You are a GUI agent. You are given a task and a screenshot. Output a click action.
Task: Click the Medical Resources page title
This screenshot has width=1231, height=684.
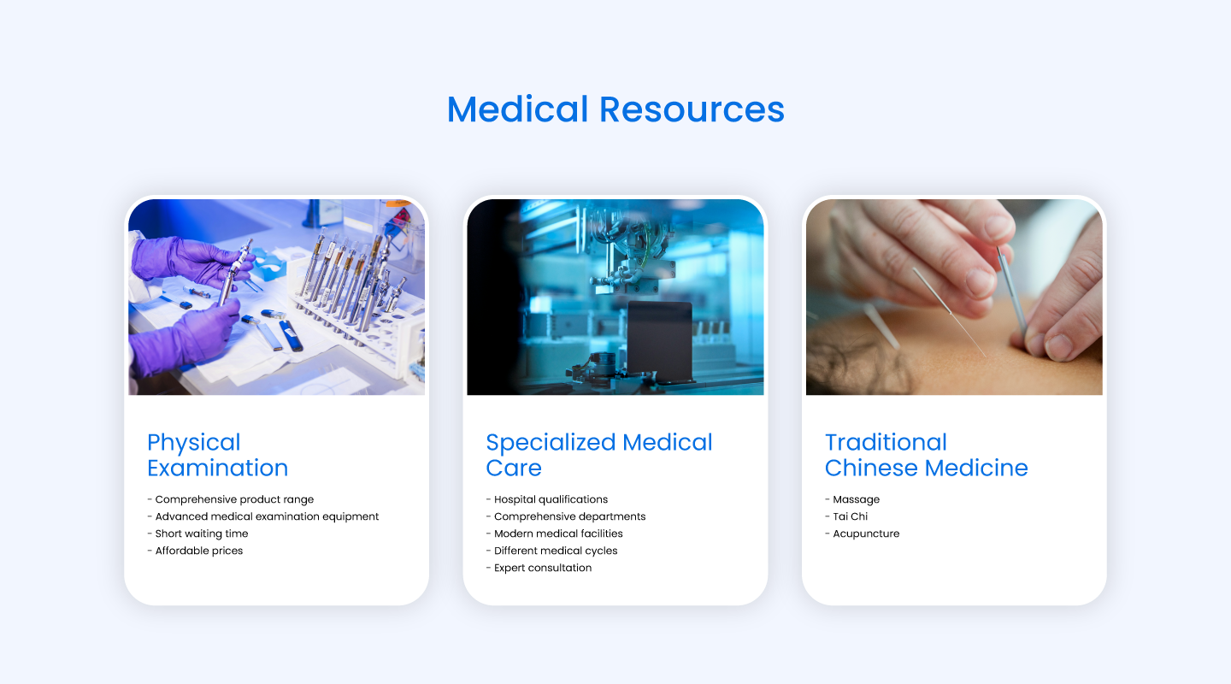(x=615, y=109)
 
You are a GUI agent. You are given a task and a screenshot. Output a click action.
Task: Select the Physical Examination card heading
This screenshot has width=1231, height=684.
(x=217, y=455)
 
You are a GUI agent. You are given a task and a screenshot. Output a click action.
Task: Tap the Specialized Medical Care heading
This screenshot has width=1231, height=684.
(x=598, y=455)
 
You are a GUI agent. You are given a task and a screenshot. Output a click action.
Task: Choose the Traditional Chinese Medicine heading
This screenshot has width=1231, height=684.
(x=926, y=455)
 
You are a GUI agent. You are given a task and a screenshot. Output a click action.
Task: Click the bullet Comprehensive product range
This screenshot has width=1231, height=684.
(x=234, y=499)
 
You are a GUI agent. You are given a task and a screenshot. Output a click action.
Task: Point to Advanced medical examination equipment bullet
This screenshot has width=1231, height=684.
(x=267, y=516)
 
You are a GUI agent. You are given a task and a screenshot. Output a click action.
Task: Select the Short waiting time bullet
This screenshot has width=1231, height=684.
(x=202, y=534)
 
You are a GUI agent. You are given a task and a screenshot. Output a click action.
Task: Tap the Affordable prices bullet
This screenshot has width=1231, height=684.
(x=199, y=551)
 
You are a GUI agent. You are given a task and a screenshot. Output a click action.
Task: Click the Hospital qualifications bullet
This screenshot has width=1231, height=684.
(x=551, y=499)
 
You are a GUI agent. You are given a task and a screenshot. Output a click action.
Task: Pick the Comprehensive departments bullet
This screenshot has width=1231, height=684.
(x=569, y=516)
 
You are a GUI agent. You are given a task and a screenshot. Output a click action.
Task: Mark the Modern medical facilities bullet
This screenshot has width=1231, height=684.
(x=558, y=534)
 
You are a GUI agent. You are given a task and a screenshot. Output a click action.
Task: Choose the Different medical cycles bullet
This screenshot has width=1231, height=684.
(x=556, y=551)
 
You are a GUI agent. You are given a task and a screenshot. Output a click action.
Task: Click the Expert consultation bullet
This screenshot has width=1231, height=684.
(x=543, y=568)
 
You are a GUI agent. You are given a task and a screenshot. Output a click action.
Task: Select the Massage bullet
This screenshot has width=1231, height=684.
(x=856, y=499)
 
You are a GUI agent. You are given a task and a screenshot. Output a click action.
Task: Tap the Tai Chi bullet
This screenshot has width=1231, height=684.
(x=851, y=516)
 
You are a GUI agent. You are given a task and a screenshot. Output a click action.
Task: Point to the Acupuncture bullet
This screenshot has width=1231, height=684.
(x=866, y=534)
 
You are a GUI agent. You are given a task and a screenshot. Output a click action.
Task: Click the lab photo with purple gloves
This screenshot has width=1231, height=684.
(x=276, y=298)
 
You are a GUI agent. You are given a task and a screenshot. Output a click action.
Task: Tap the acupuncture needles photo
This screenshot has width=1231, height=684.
(x=954, y=298)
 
